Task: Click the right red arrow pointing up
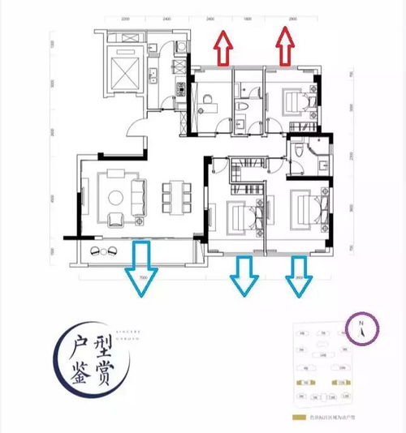[285, 45]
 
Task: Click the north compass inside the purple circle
[361, 330]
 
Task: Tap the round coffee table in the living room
[114, 196]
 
